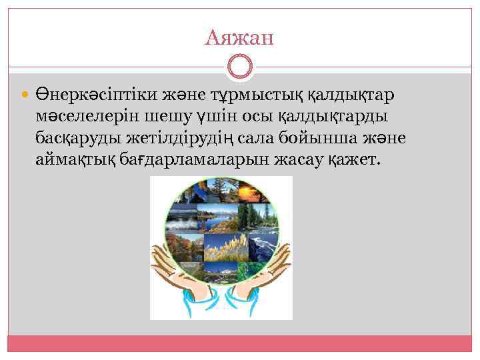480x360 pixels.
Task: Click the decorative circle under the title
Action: click(x=240, y=67)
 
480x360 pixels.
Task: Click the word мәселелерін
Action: click(x=89, y=117)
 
